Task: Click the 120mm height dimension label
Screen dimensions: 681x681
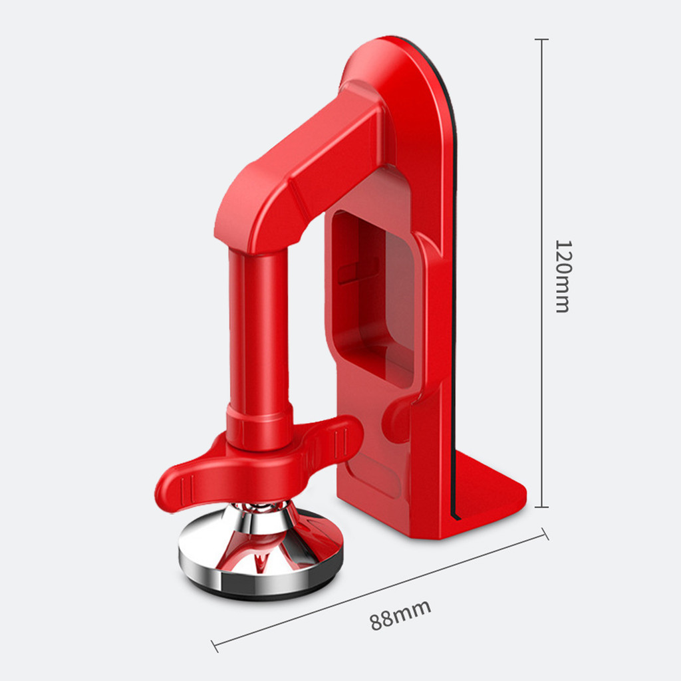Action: tap(563, 276)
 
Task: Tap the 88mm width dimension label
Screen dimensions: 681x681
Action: tap(400, 614)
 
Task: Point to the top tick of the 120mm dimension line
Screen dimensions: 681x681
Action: tap(541, 39)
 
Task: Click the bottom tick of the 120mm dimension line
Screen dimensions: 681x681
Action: tap(541, 506)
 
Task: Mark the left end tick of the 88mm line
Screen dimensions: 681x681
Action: tap(215, 646)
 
